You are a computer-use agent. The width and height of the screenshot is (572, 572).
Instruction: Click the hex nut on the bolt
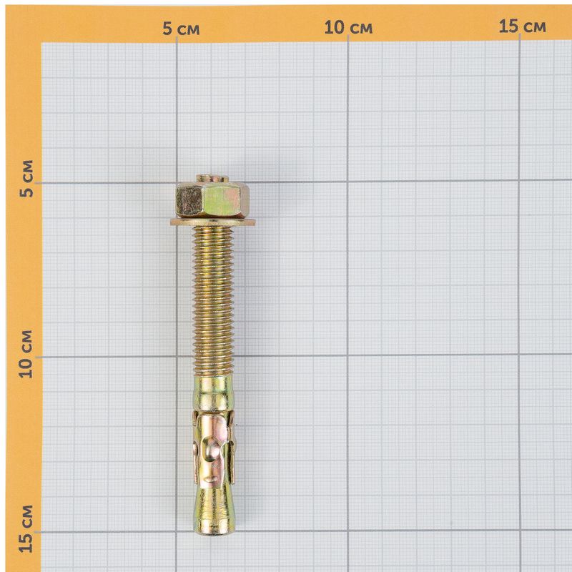tap(212, 200)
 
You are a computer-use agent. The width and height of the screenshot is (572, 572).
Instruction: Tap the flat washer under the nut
tap(212, 222)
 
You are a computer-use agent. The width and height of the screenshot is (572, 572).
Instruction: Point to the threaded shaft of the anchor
tap(213, 301)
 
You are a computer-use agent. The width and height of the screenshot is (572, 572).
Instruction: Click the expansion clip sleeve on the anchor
tap(214, 450)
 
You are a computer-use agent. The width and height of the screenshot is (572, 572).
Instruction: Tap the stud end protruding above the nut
tap(212, 179)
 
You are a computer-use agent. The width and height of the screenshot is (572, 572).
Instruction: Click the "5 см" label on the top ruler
tap(182, 29)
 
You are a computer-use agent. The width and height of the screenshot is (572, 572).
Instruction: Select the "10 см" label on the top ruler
tap(348, 28)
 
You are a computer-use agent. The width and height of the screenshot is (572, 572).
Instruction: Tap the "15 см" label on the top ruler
tap(522, 26)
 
